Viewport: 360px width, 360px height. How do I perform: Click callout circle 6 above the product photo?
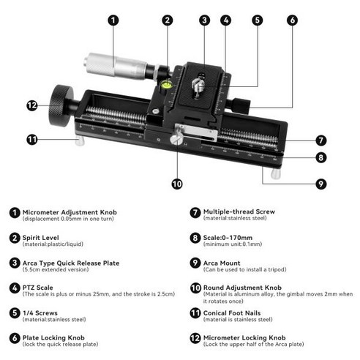coord(292,20)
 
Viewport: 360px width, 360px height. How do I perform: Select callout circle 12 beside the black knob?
coord(31,105)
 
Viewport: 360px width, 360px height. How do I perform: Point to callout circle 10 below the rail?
coord(176,184)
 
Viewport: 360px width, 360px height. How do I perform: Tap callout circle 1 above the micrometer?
coord(113,20)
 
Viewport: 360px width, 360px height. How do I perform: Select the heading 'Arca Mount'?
coord(222,262)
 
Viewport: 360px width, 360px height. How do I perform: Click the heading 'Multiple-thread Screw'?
coord(239,211)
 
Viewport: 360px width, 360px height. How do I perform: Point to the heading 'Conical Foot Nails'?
coord(233,312)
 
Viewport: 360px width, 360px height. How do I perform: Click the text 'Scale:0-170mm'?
coord(229,237)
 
